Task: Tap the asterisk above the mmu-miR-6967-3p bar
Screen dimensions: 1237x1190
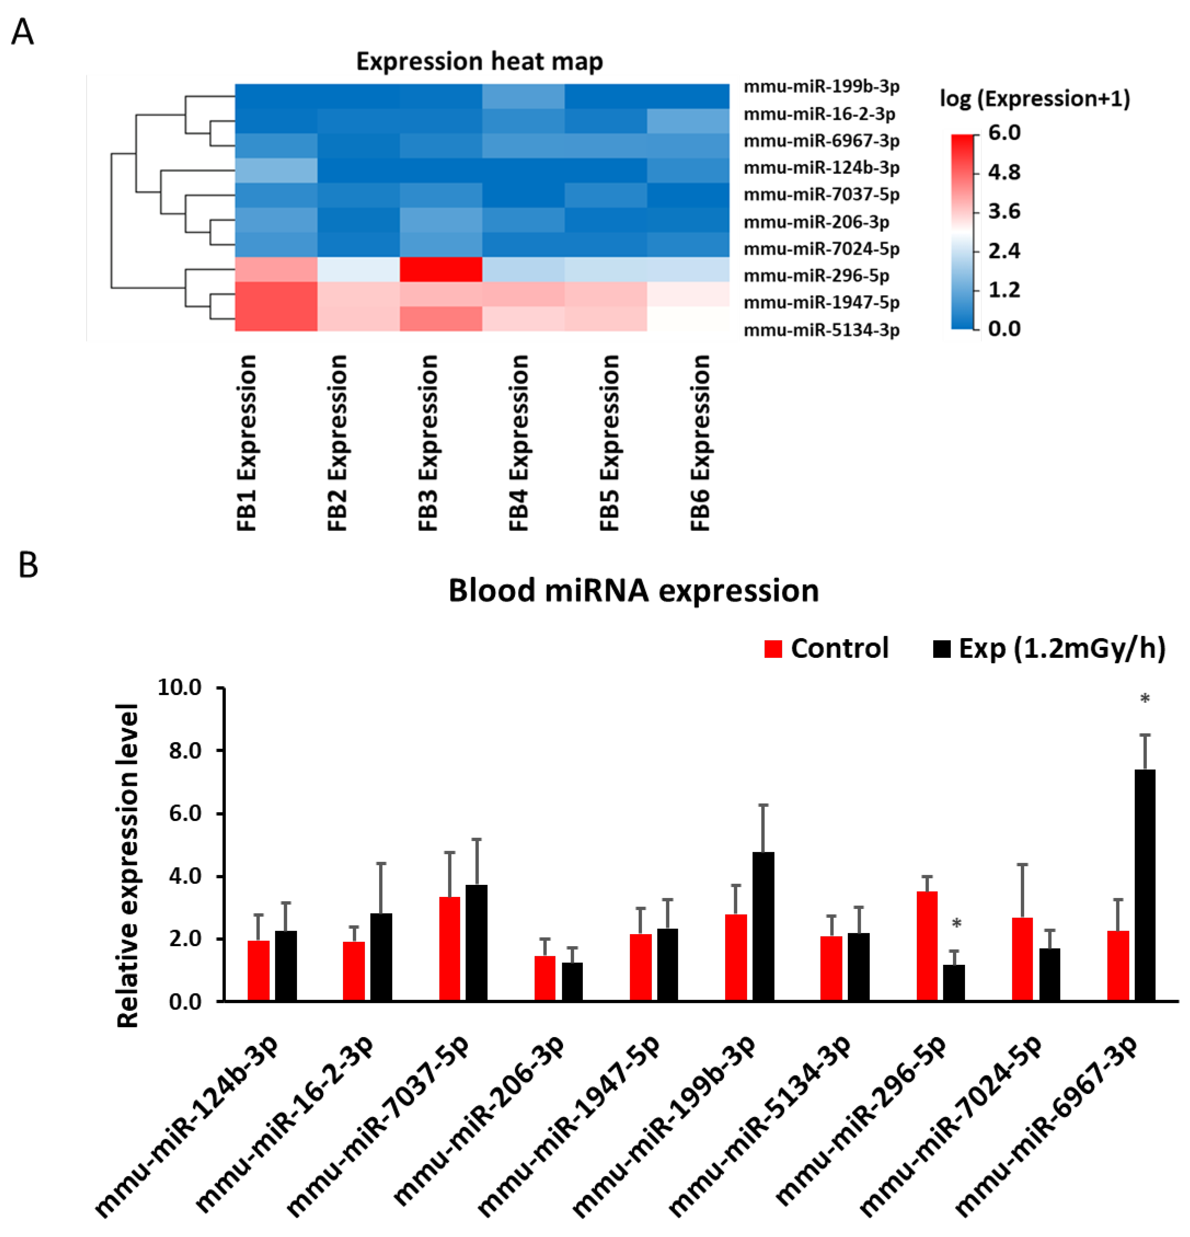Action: tap(1145, 699)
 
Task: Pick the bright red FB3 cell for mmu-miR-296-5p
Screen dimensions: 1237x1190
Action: tap(441, 269)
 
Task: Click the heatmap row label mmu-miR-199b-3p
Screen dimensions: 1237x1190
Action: tap(821, 86)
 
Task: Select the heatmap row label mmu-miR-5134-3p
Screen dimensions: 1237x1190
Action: tap(821, 329)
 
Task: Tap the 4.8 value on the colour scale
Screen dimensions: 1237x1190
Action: tap(1004, 172)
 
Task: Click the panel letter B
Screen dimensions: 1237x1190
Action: tap(28, 565)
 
